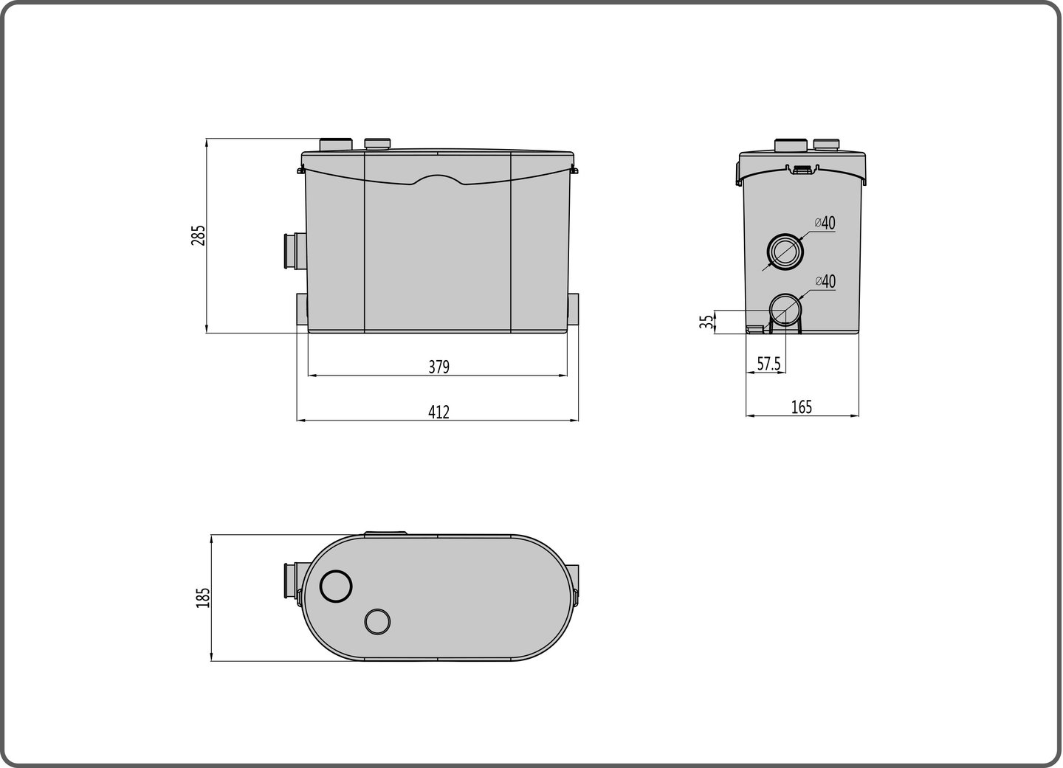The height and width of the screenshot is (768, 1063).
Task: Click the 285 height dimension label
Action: tap(198, 235)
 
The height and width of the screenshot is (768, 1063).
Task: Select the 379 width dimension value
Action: tap(438, 367)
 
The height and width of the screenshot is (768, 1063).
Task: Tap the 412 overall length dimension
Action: tap(438, 412)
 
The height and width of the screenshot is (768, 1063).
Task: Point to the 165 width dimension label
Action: tap(801, 407)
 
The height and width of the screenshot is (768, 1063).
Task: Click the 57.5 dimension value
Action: tap(768, 364)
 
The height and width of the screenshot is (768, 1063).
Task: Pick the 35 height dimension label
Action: tap(707, 322)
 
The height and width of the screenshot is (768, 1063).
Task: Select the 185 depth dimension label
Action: tap(203, 598)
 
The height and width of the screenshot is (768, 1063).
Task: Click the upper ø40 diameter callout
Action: tap(825, 222)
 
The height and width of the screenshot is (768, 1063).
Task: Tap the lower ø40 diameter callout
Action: tap(825, 281)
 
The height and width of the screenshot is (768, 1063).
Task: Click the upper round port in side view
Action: tap(783, 252)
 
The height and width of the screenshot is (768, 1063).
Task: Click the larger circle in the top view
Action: tap(336, 587)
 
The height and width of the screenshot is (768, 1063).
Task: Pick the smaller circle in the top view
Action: tap(377, 622)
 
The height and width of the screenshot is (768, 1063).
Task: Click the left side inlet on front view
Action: tap(289, 252)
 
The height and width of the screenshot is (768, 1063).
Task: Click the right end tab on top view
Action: tap(574, 585)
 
